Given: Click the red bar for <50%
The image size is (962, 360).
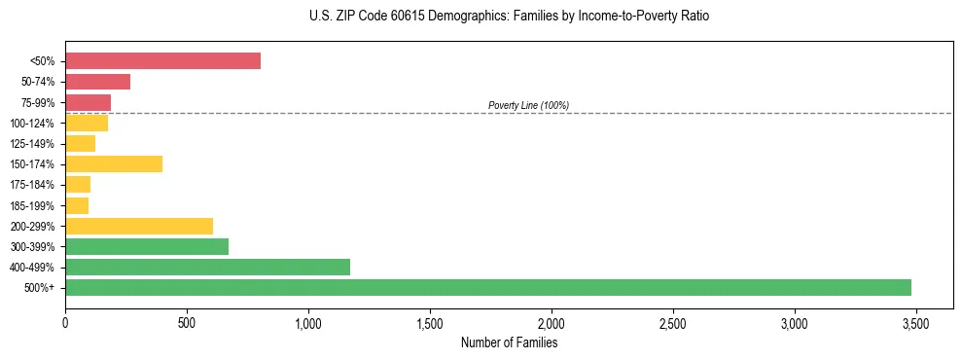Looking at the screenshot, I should coord(162,61).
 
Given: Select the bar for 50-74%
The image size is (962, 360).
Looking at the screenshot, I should coord(97,82).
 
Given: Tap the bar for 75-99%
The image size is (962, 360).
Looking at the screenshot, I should coord(88,102).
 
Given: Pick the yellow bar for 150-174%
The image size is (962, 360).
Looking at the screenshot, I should coord(114,163).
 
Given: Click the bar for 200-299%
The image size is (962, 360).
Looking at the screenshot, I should coord(139,226).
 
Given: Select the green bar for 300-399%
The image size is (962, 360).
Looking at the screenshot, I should coord(147,246).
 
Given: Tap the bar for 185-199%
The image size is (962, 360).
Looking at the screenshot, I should coord(77,205).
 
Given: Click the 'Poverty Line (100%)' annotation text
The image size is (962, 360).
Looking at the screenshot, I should coord(528,105).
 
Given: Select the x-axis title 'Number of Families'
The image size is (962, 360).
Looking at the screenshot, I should coord(509,342).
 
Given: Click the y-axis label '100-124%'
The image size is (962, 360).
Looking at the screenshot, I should coord(33,124).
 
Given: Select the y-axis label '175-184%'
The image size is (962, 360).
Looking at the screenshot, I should coord(33,185).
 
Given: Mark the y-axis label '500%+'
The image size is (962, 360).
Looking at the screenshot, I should coord(40,288).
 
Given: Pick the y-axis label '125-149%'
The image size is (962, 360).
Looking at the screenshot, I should coord(33,144).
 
